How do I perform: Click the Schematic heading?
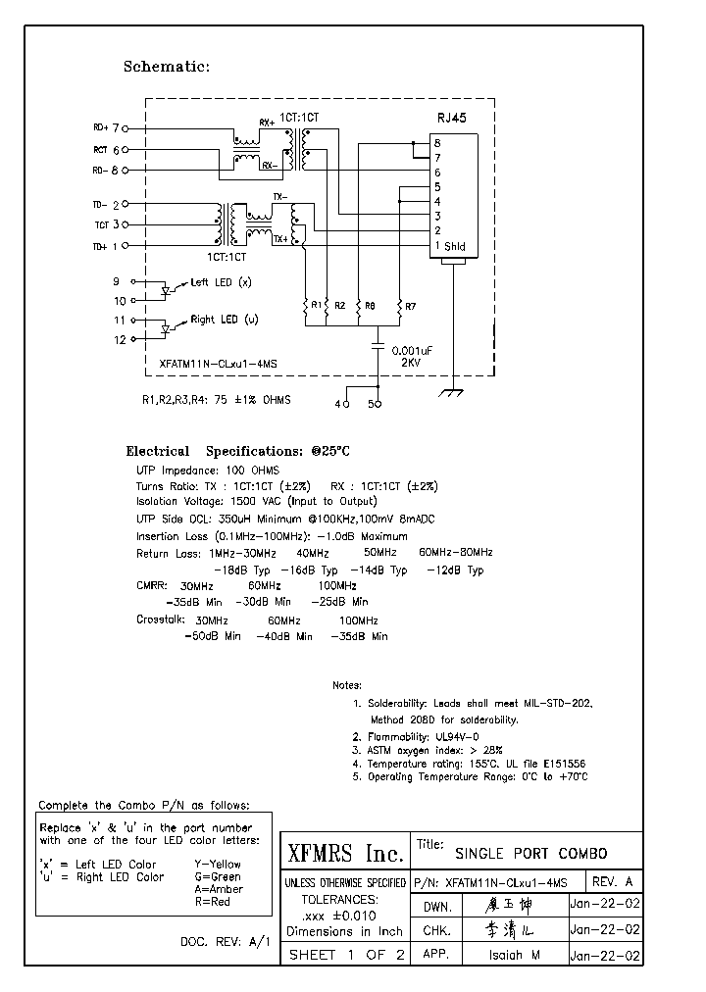tap(166, 67)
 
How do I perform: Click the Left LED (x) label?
tap(221, 282)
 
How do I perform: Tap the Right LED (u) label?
tap(224, 320)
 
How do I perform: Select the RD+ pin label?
tap(101, 127)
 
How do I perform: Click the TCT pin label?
tap(101, 225)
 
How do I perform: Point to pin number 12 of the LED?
tap(120, 340)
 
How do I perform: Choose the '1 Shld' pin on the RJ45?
tap(450, 246)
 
